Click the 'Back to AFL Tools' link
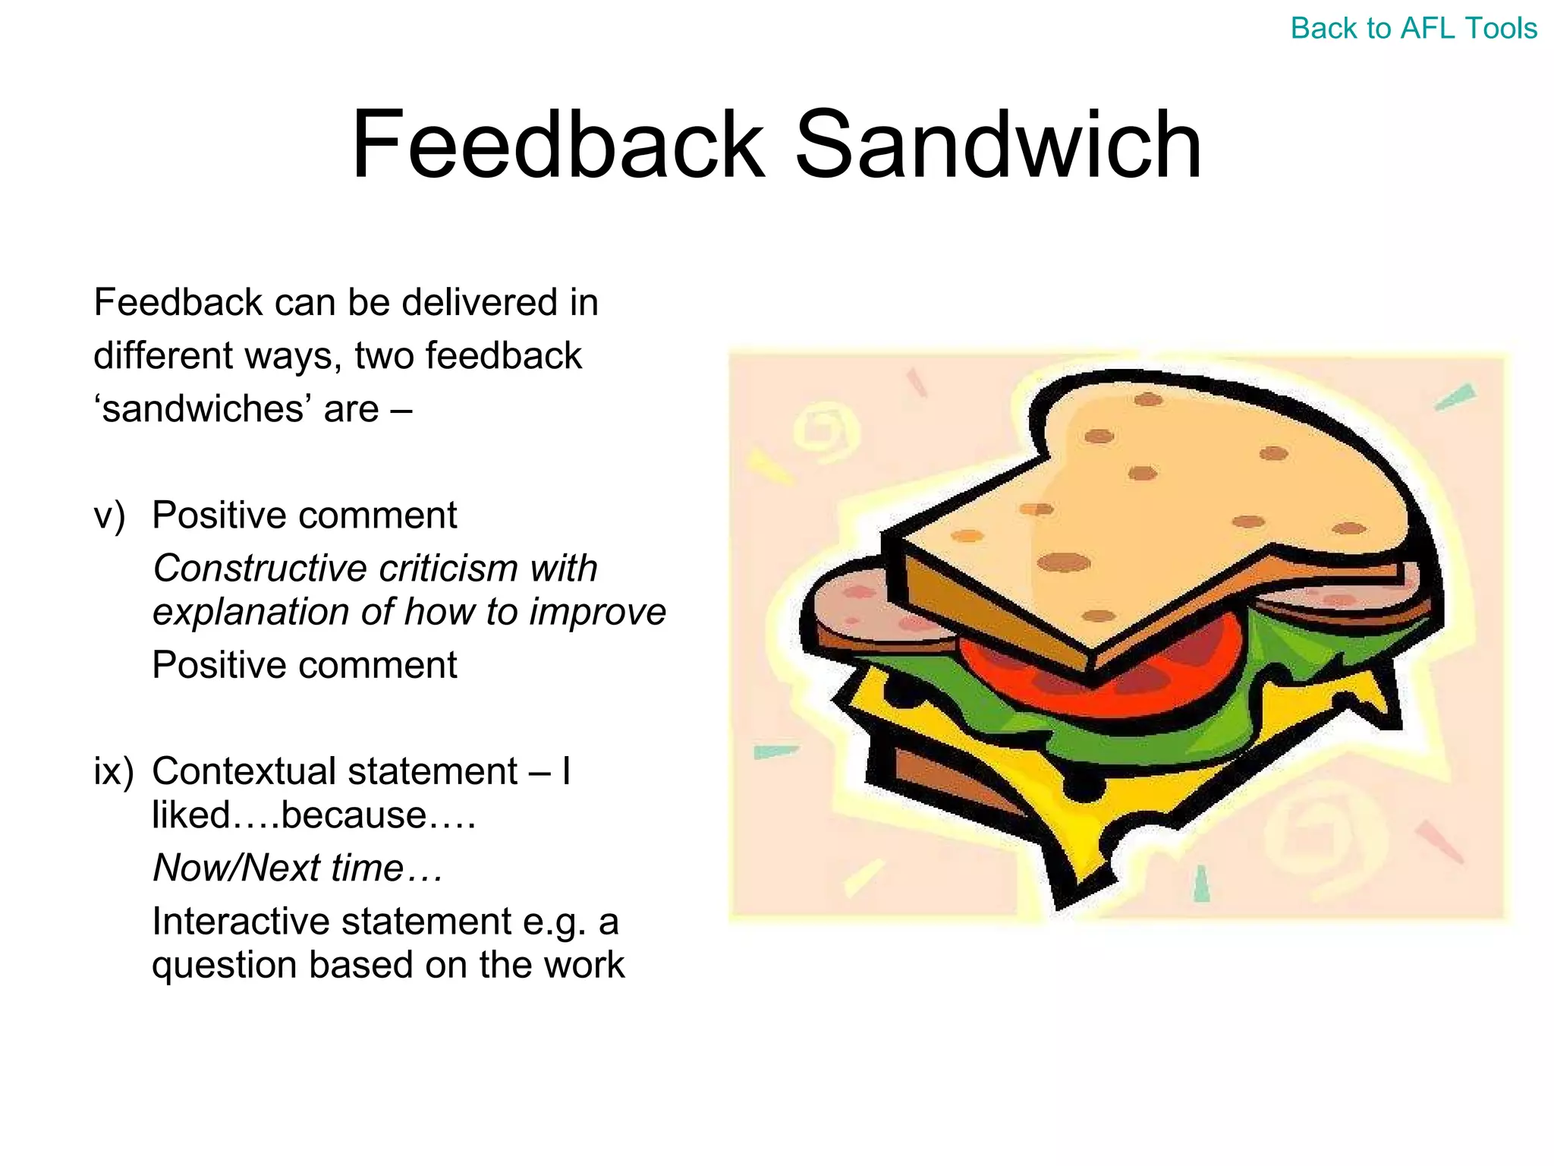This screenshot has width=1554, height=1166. point(1413,29)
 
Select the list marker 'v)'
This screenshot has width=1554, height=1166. point(109,516)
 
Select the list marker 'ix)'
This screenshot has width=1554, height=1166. point(113,771)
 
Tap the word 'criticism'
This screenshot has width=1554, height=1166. point(448,568)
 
